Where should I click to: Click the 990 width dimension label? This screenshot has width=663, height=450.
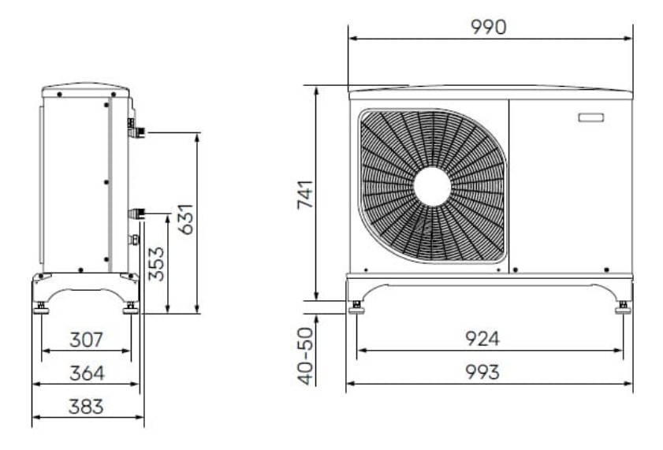point(488,27)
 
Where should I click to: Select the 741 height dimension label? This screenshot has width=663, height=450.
point(305,195)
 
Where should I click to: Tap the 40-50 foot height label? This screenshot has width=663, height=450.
point(305,357)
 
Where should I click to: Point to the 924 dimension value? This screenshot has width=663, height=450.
point(482,338)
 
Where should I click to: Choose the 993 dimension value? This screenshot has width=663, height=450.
point(482,372)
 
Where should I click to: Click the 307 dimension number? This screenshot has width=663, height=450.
point(86,340)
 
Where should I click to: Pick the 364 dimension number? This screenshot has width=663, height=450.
point(87,374)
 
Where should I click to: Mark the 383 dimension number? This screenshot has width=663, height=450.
point(86,407)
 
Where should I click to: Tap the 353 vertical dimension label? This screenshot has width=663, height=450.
point(156,264)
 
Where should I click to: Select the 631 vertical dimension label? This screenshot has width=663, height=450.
point(185,219)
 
